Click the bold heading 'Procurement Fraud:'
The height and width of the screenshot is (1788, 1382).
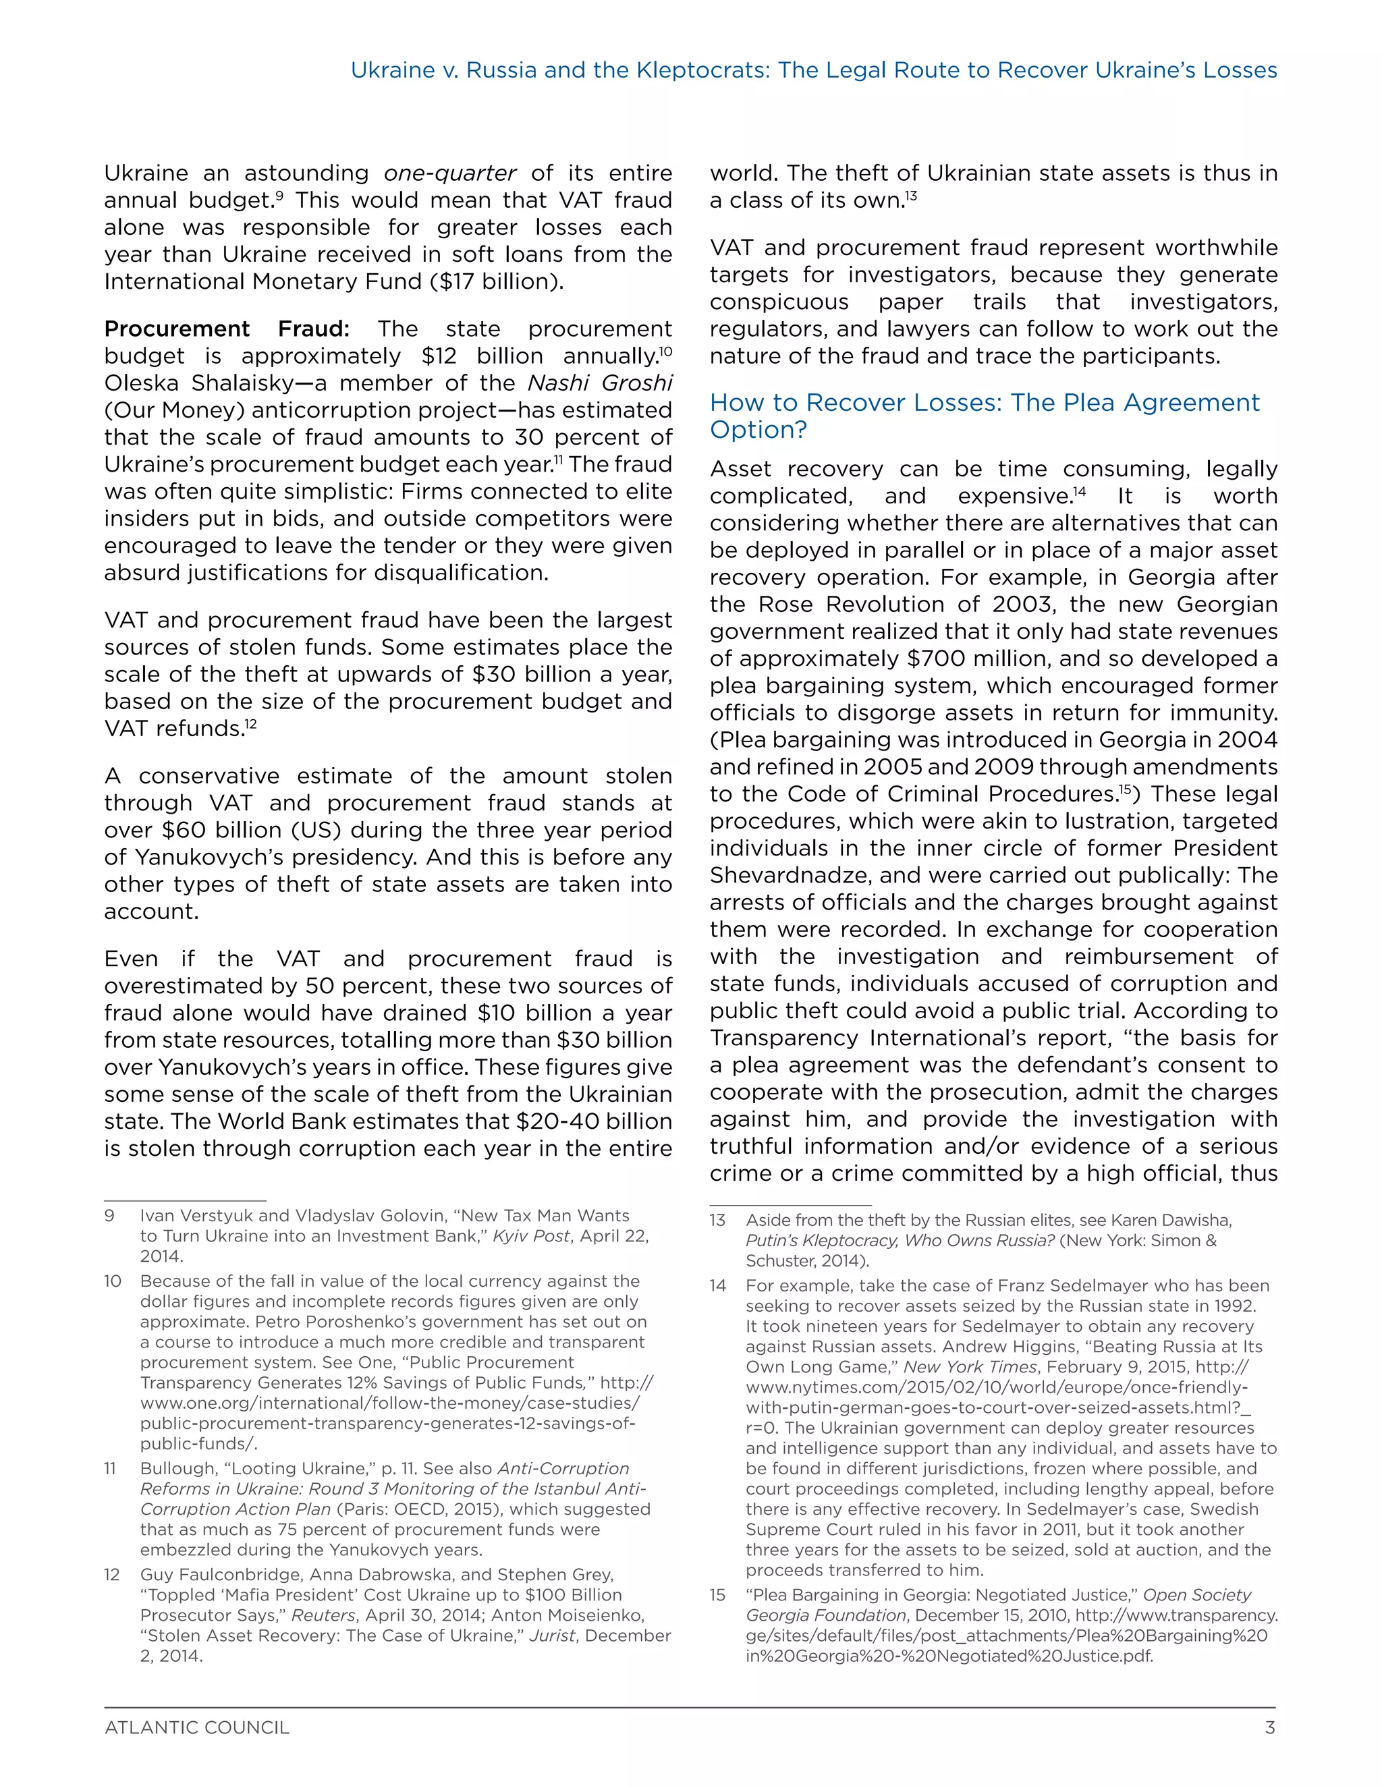coord(226,329)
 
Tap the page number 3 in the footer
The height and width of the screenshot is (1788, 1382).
coord(1270,1727)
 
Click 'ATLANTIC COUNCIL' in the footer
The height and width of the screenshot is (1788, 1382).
coord(196,1727)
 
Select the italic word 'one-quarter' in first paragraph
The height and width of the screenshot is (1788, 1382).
coord(449,173)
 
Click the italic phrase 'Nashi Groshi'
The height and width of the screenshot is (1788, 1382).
coord(600,383)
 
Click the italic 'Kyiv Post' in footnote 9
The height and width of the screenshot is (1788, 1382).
coord(530,1236)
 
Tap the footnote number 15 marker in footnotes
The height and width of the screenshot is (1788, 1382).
coord(717,1595)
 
